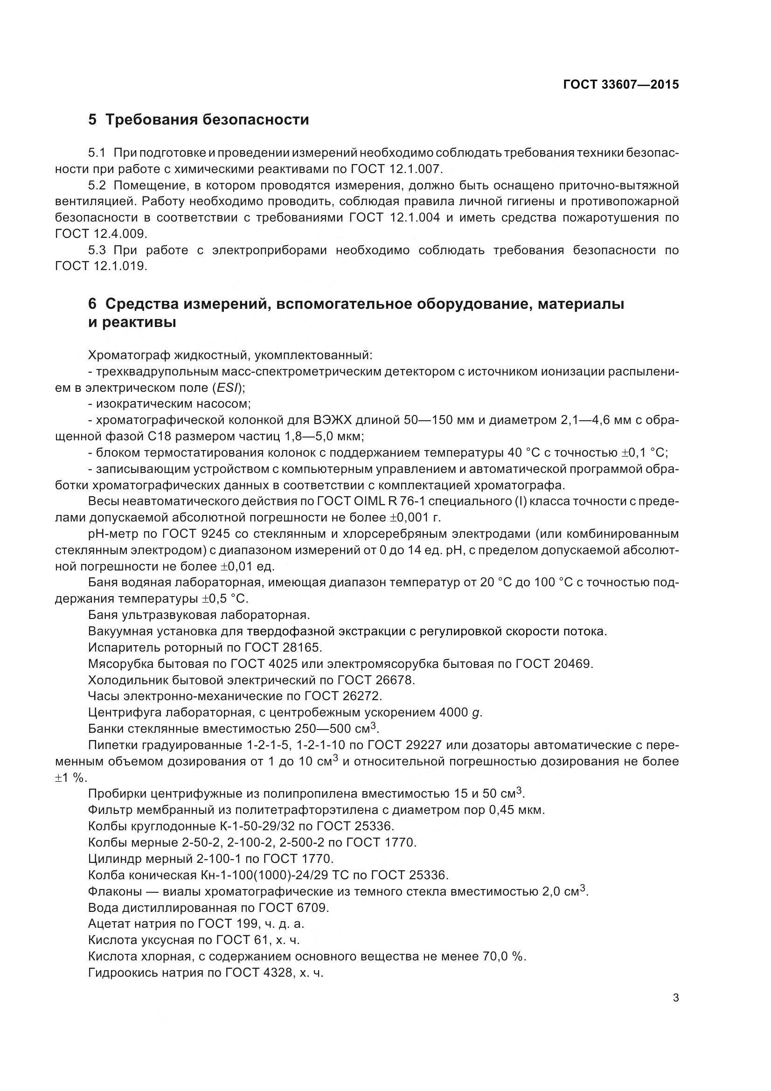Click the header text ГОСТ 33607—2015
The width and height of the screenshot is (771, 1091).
[620, 84]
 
